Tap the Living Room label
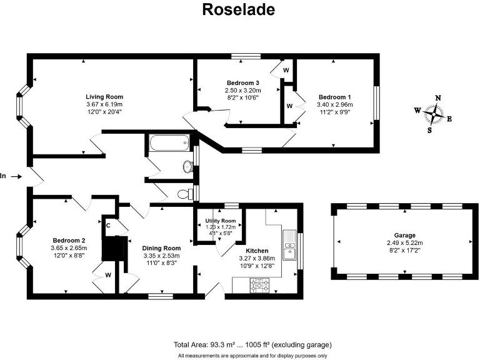(104, 97)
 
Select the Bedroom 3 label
(242, 83)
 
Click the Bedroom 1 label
(335, 97)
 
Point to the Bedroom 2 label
(69, 240)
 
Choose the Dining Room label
(161, 248)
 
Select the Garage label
(404, 236)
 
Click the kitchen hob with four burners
(260, 285)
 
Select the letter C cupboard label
(108, 225)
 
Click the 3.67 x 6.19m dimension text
(104, 104)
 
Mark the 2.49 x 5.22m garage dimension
(404, 243)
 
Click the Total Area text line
(252, 344)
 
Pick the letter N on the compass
(438, 98)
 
